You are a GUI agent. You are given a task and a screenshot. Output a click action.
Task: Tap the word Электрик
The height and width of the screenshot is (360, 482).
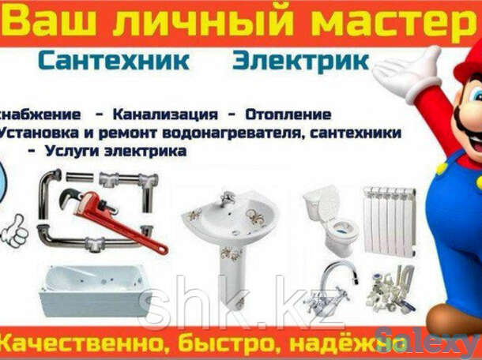pos(300,61)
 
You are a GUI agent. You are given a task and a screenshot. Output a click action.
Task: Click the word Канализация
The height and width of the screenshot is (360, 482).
pos(160,114)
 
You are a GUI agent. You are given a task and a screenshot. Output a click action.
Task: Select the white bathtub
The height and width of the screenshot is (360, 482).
pos(91,290)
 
